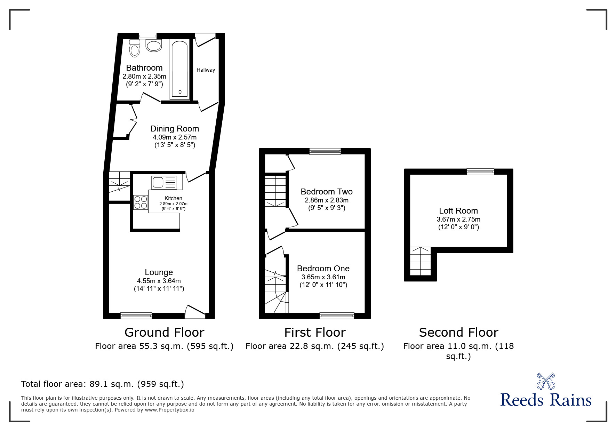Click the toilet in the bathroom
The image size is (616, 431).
click(135, 48)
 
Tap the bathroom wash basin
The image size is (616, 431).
click(154, 46)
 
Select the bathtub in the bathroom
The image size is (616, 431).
click(180, 70)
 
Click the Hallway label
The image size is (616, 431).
click(206, 70)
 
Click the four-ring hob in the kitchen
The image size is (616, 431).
click(141, 202)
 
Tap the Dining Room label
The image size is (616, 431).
click(175, 129)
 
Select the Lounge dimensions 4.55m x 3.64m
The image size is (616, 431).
click(159, 281)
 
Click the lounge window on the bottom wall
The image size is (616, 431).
click(136, 316)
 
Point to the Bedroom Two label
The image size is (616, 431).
click(326, 192)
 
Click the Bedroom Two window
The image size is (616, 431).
click(325, 151)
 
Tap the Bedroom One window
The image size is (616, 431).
click(337, 316)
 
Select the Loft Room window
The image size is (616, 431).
click(480, 171)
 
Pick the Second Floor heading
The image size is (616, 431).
click(458, 333)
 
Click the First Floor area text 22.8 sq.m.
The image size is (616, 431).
click(314, 346)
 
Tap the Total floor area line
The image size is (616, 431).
click(103, 384)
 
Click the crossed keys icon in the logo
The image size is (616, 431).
click(546, 381)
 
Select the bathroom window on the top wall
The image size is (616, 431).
click(147, 35)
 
